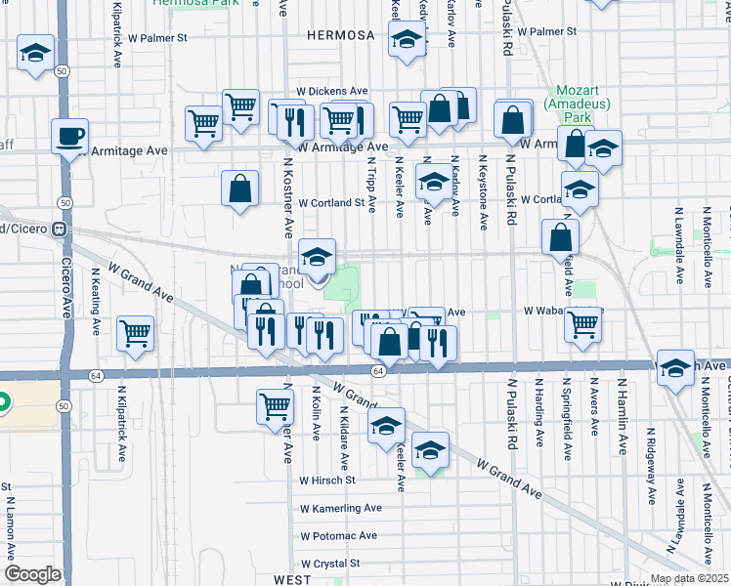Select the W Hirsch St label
pos(327,481)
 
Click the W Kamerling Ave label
pos(340,509)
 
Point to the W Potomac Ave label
pos(338,536)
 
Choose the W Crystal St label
pos(330,564)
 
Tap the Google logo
pos(31,574)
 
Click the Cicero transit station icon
pos(60,230)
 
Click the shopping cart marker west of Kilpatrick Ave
pos(135,333)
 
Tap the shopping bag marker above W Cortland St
pos(239,189)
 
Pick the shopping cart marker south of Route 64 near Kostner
pos(276,405)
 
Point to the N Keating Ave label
pos(96,303)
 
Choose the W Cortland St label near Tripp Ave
pos(337,204)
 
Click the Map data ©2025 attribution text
pos(688,578)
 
